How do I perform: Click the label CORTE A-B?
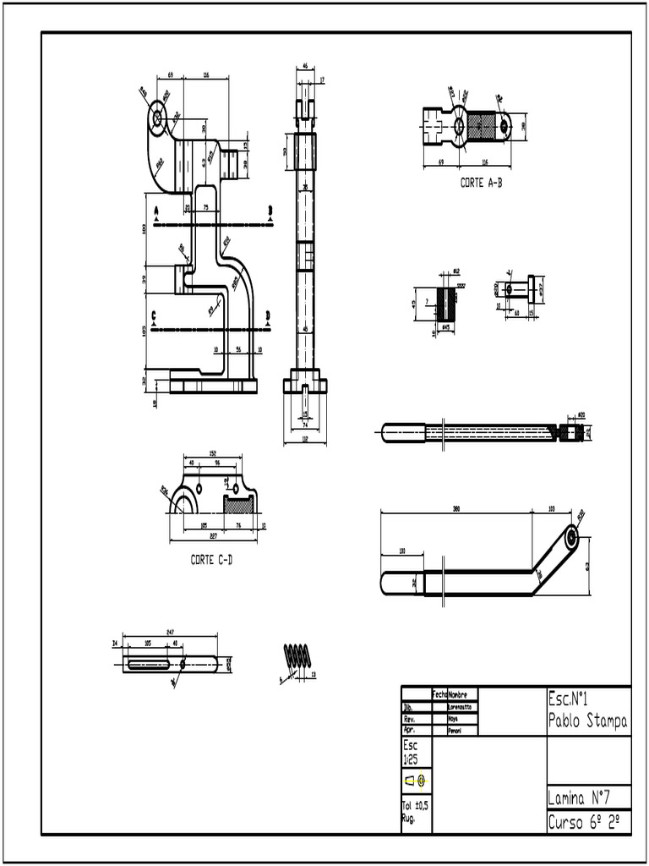(481, 182)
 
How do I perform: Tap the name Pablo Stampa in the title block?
(587, 721)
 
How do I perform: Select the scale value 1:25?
(410, 759)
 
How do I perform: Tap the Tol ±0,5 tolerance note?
(413, 806)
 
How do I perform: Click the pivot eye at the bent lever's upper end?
(573, 536)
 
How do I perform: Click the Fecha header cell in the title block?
(440, 693)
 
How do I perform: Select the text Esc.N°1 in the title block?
(568, 699)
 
